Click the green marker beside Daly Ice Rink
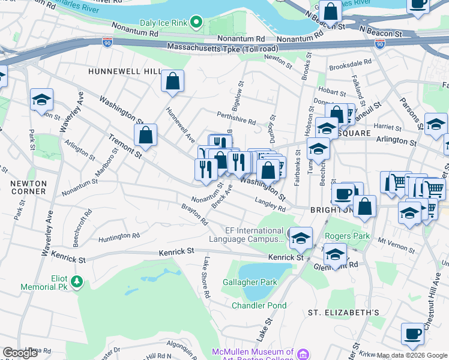point(196,23)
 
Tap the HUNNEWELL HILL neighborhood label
point(124,71)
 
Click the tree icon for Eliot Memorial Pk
point(76,281)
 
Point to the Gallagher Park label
point(258,282)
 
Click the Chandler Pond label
point(259,305)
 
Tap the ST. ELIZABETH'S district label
point(343,313)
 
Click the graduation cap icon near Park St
point(42,100)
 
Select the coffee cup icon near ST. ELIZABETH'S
point(412,334)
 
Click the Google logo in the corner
point(20,352)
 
